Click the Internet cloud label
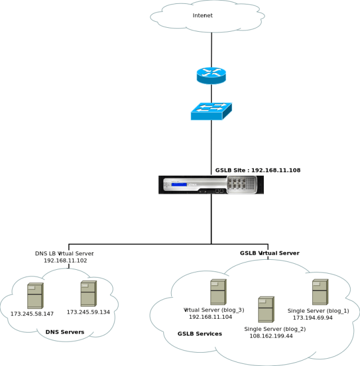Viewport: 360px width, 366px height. [x=203, y=16]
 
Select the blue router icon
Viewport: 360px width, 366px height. [x=211, y=75]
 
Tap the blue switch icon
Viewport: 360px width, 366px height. [x=211, y=111]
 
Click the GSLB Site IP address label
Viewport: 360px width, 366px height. [x=258, y=170]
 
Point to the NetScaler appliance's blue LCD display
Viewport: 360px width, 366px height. [x=179, y=185]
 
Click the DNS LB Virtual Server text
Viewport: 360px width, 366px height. [x=64, y=253]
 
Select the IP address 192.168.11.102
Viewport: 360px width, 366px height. [x=66, y=260]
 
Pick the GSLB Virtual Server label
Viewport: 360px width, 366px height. [x=269, y=253]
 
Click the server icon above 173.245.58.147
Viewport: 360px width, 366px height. [x=35, y=296]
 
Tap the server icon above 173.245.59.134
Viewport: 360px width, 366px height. [x=88, y=294]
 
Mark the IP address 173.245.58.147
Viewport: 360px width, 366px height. [x=32, y=314]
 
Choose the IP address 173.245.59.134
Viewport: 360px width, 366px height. [x=88, y=312]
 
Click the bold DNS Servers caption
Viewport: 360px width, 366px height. [x=65, y=332]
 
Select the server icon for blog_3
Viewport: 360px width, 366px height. [x=218, y=292]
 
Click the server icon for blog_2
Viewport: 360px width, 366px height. [x=266, y=309]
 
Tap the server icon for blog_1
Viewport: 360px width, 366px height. [x=320, y=292]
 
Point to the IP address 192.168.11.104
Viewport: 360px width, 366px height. [x=211, y=316]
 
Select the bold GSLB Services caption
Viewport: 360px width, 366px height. [x=200, y=334]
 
